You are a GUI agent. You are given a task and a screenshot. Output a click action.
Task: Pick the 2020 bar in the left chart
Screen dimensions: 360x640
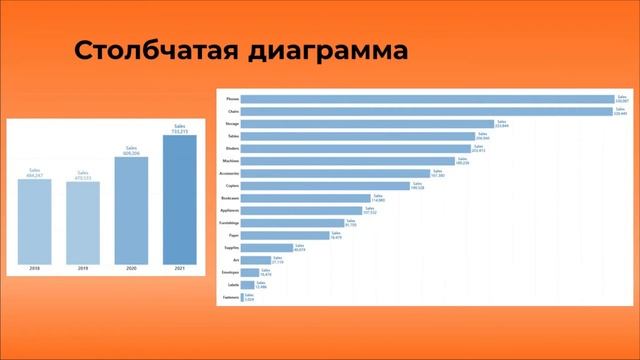click(131, 211)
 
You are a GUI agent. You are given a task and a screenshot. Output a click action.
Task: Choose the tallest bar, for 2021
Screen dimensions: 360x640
click(179, 200)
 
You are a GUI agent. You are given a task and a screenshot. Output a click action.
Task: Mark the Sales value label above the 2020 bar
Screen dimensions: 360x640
click(131, 150)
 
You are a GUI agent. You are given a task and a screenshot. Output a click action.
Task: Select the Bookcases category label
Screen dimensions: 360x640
click(230, 198)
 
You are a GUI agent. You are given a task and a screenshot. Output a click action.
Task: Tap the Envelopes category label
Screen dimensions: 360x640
click(230, 271)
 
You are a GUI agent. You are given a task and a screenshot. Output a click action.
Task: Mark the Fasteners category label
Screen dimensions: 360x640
click(230, 296)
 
